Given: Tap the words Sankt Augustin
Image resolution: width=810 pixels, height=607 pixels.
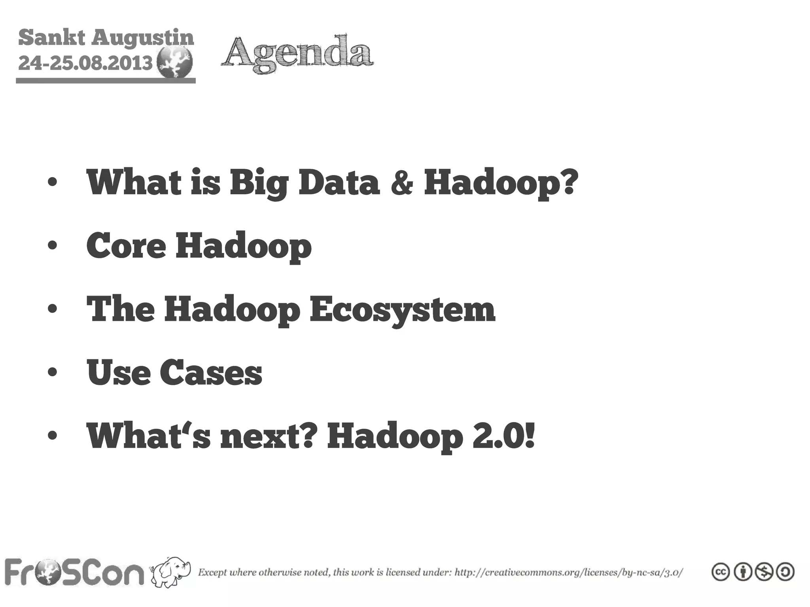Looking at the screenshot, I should [106, 38].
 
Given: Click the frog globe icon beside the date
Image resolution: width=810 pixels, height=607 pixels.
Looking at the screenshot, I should [174, 62].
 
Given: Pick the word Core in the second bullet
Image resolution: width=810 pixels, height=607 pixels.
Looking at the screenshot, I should [126, 246].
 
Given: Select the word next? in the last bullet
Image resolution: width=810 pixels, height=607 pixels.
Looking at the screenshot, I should [269, 436].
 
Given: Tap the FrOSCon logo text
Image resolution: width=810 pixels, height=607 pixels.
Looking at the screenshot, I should [74, 572].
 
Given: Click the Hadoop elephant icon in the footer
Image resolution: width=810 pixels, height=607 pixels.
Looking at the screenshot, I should [171, 571].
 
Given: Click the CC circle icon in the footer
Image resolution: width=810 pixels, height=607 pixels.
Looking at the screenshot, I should [721, 572].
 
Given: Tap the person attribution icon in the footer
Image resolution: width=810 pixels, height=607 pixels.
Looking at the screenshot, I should [742, 572].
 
